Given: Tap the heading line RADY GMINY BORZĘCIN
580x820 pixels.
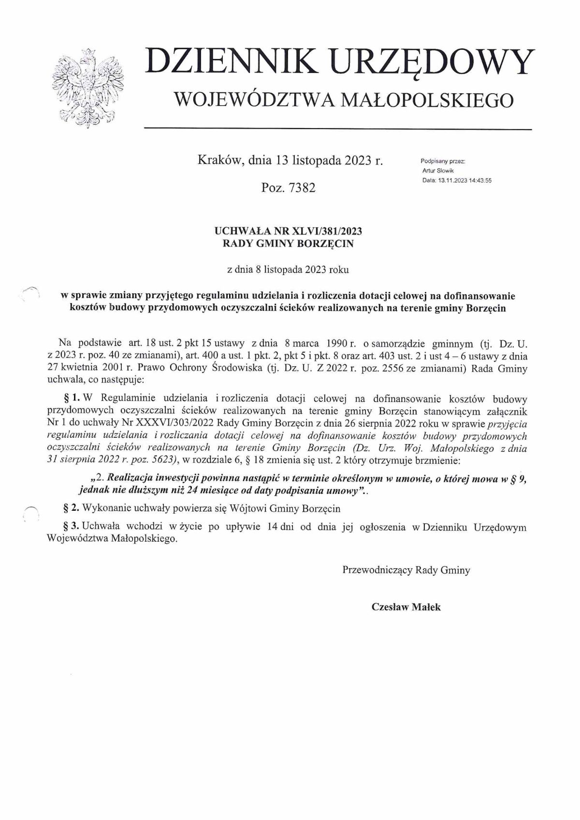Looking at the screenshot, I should point(288,244).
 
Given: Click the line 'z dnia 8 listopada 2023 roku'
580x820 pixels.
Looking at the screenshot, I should point(288,270).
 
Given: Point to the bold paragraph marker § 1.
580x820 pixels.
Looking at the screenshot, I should point(72,399).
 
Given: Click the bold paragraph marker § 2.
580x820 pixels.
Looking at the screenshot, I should point(72,508).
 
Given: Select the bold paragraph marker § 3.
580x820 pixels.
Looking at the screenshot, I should point(72,527).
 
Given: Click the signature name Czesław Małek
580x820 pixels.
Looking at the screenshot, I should point(406,607).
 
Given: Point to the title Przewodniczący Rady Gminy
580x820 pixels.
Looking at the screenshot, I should point(406,570).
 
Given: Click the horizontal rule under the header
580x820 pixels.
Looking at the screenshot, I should point(338,129).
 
